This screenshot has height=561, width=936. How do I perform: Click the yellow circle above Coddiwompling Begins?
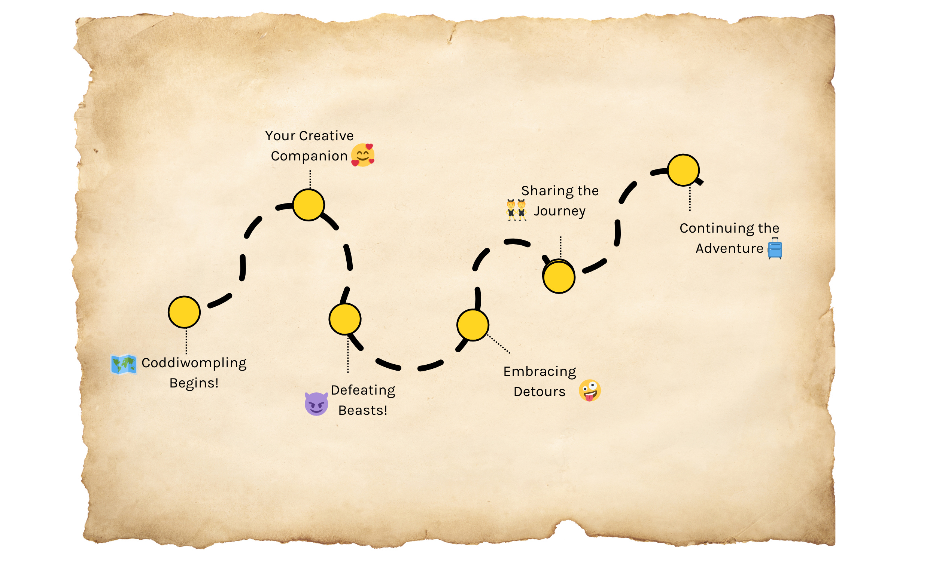tap(184, 312)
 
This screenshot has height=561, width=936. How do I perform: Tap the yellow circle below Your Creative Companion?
tap(309, 205)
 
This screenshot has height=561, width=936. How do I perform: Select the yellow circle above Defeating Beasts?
tap(345, 319)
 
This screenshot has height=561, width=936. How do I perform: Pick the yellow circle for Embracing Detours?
tap(472, 325)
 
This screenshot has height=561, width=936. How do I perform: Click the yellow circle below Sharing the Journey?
tap(559, 277)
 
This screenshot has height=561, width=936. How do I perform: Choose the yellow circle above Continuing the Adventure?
tap(683, 170)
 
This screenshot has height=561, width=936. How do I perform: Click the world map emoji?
tap(123, 364)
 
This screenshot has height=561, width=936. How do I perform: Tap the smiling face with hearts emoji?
tap(363, 155)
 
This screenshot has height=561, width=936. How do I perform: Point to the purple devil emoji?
tap(316, 404)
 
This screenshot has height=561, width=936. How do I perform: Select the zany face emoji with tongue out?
tap(589, 390)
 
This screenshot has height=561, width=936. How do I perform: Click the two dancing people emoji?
tap(516, 210)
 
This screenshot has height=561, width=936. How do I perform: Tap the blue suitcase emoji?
tap(775, 249)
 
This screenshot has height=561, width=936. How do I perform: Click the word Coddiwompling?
tap(194, 363)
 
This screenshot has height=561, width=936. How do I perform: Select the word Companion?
tap(309, 156)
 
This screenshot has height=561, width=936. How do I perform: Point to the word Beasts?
tap(362, 411)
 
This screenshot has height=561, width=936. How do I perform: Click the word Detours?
tap(539, 392)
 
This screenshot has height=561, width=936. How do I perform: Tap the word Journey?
tap(559, 211)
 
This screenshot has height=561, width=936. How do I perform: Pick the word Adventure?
tap(729, 249)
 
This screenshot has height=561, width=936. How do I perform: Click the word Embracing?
tap(540, 372)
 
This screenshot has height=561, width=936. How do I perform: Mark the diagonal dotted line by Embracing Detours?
tap(499, 344)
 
